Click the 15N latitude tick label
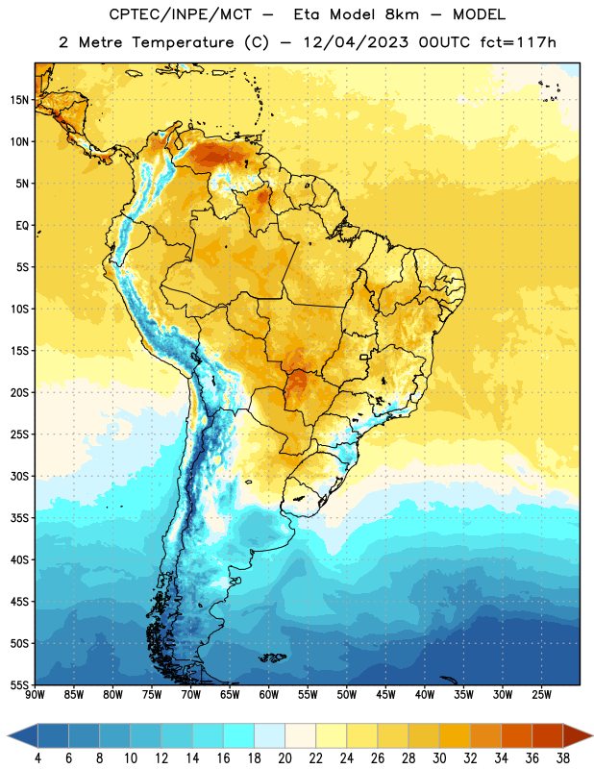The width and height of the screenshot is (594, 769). tap(19, 100)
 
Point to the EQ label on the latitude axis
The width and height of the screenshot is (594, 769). tap(22, 226)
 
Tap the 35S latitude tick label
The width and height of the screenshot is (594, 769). tap(19, 518)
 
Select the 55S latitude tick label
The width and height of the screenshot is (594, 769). tap(19, 685)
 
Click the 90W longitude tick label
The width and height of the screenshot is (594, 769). tap(35, 695)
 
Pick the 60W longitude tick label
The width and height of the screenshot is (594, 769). tap(269, 695)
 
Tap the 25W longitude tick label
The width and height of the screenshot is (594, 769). tap(542, 695)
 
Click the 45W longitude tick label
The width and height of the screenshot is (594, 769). tap(386, 695)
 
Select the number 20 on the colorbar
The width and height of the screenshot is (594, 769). tap(285, 758)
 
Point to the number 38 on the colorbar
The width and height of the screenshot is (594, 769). tap(563, 758)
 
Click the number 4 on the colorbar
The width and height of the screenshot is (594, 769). tap(37, 758)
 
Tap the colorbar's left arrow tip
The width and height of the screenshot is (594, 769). tap(8, 736)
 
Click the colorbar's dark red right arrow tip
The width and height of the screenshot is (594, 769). tap(593, 736)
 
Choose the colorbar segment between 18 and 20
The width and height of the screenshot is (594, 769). tap(270, 736)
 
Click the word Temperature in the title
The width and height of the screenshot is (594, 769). tap(183, 42)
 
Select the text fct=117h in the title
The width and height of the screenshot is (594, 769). tap(518, 42)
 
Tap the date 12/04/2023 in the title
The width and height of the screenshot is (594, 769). tap(356, 42)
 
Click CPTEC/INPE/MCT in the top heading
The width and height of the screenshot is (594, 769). tap(180, 14)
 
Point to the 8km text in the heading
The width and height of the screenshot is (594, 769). tap(402, 14)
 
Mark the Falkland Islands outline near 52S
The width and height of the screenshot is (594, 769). tap(273, 657)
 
